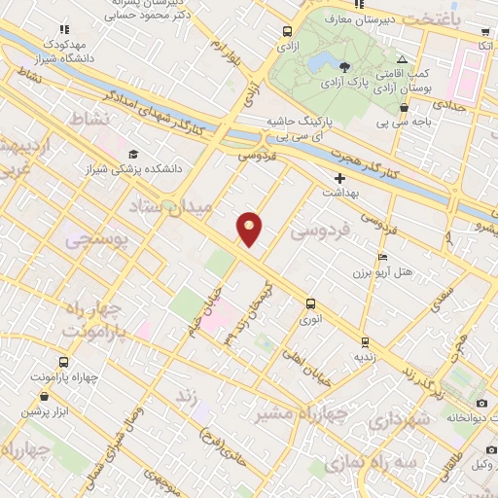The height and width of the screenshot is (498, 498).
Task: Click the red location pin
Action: coord(250,229)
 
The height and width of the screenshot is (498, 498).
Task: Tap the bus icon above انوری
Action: coord(310,303)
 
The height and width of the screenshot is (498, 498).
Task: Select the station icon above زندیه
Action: coord(365,342)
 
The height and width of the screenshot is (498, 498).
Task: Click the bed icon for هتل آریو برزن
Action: coord(382,257)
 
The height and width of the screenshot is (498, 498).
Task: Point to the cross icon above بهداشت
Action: coord(338,178)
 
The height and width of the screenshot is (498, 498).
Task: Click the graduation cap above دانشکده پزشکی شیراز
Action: coord(132,154)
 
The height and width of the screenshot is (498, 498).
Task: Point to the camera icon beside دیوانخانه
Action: coord(481,403)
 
